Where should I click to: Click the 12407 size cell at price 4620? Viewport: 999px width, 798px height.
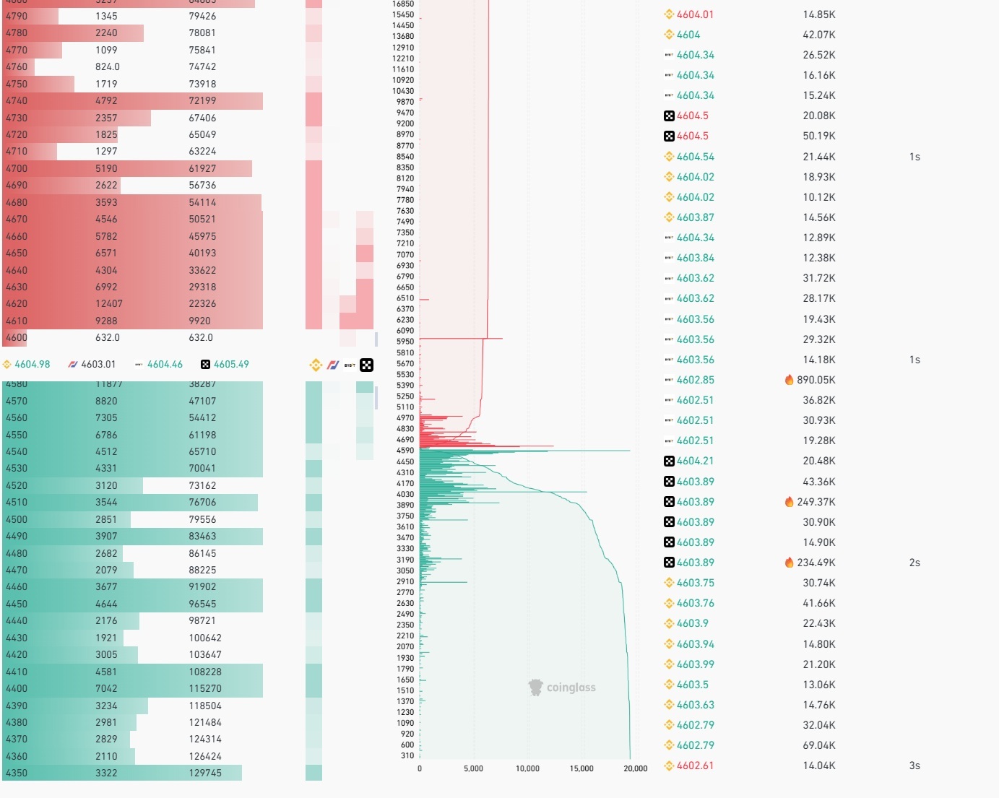pyautogui.click(x=108, y=304)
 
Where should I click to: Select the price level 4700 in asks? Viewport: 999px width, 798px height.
pyautogui.click(x=17, y=168)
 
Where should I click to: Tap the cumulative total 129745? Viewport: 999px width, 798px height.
pyautogui.click(x=205, y=773)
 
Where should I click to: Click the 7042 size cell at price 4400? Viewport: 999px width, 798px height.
pyautogui.click(x=106, y=688)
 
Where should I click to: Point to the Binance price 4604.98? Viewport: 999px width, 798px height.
pyautogui.click(x=32, y=365)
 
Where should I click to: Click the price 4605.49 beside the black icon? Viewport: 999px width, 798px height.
pyautogui.click(x=231, y=365)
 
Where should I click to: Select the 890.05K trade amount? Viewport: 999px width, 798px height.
pyautogui.click(x=816, y=380)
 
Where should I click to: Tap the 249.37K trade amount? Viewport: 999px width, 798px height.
pyautogui.click(x=816, y=502)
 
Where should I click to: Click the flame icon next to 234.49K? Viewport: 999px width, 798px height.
pyautogui.click(x=789, y=563)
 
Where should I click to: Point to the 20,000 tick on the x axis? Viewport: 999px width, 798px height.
pyautogui.click(x=636, y=768)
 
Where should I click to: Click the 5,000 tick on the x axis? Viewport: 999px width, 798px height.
pyautogui.click(x=473, y=768)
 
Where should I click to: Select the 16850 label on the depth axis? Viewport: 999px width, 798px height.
pyautogui.click(x=403, y=4)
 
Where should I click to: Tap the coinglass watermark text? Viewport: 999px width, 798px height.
pyautogui.click(x=571, y=688)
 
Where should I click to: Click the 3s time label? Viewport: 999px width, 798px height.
pyautogui.click(x=914, y=766)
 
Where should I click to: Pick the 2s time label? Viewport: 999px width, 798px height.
pyautogui.click(x=914, y=563)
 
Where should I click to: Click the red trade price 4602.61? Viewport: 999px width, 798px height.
pyautogui.click(x=695, y=766)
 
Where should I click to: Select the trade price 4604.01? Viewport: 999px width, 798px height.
pyautogui.click(x=695, y=14)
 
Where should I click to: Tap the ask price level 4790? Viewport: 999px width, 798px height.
pyautogui.click(x=17, y=16)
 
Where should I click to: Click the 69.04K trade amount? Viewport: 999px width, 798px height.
pyautogui.click(x=819, y=745)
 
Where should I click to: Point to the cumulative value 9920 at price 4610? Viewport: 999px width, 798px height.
pyautogui.click(x=199, y=321)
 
